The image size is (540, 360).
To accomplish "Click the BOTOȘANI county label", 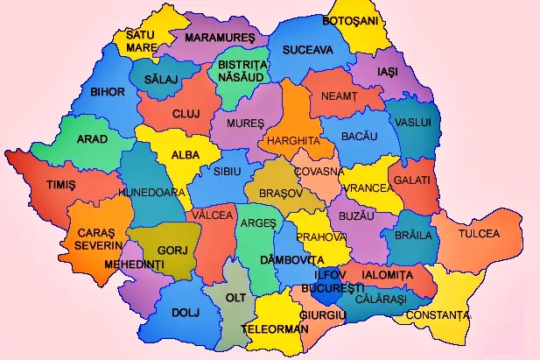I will tap(350, 20).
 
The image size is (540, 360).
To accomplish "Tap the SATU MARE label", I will tap(141, 41).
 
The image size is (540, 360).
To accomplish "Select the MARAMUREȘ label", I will tap(219, 39).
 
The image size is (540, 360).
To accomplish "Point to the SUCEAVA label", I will tap(307, 51).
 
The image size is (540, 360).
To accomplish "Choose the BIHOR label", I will tap(108, 91).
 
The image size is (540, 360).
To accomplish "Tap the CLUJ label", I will tap(186, 114).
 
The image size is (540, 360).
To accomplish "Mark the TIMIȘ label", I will tap(61, 186).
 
